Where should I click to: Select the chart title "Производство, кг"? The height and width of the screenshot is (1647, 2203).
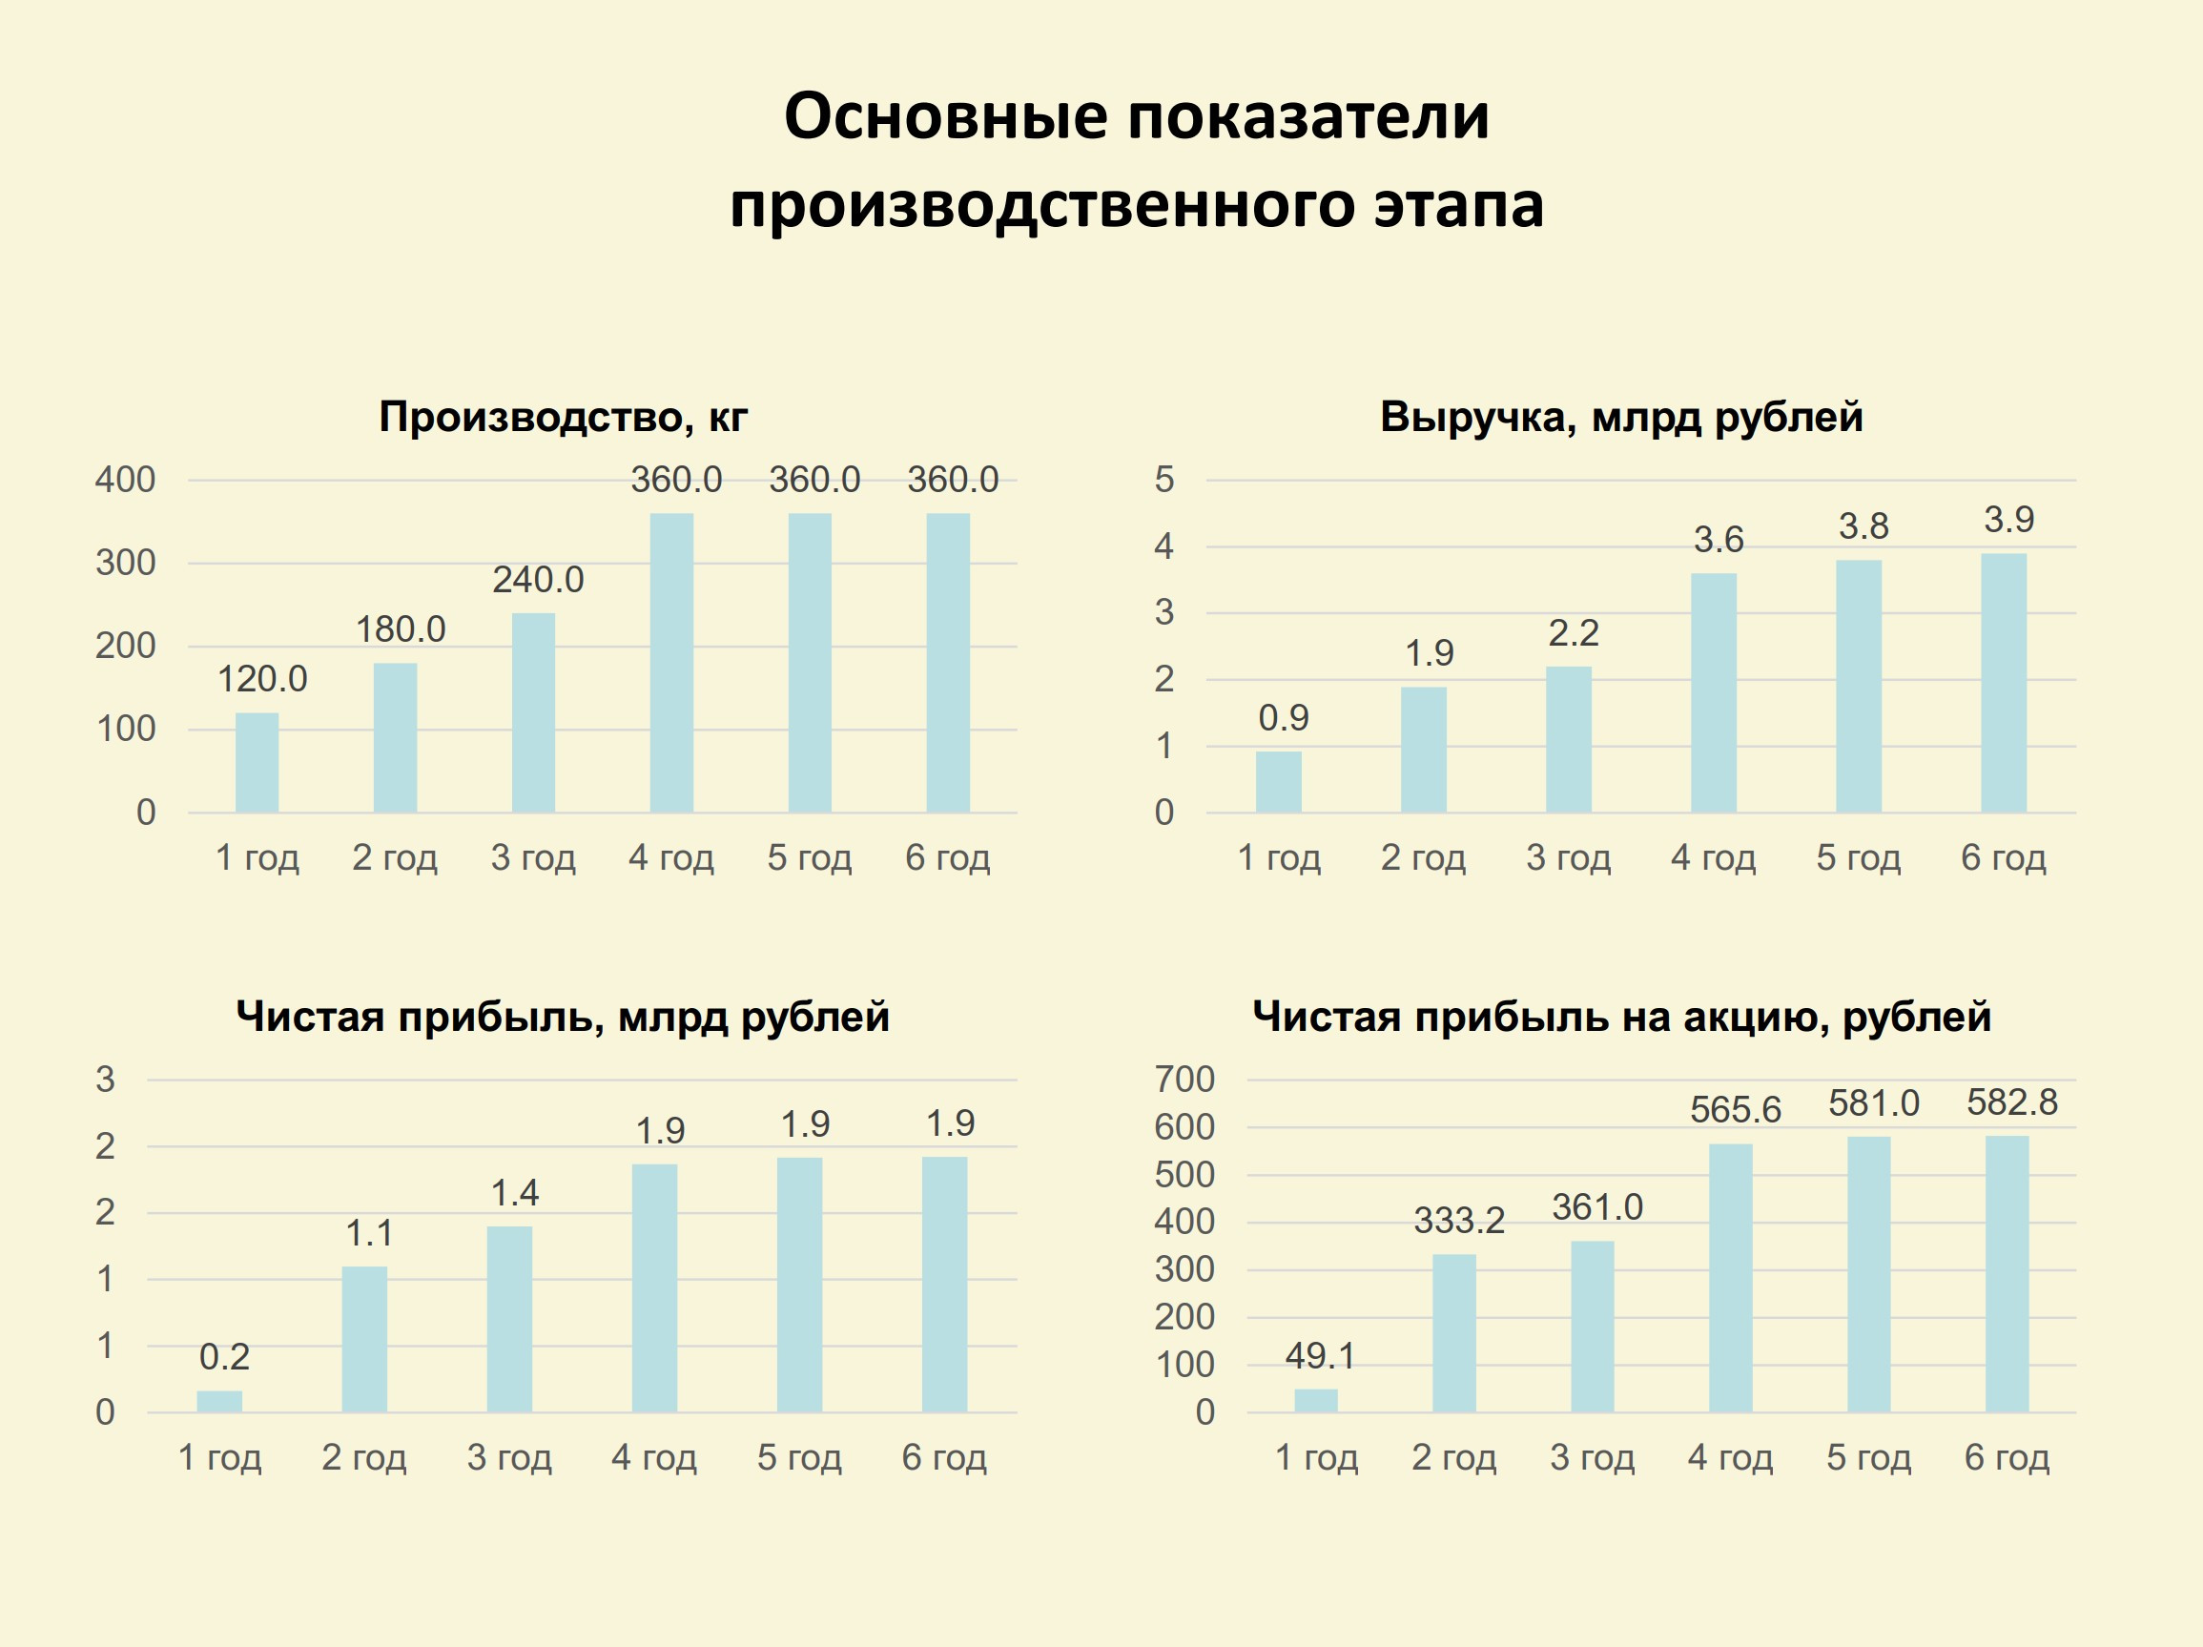pos(563,416)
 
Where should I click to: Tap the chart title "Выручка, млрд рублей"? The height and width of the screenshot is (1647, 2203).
pos(1620,416)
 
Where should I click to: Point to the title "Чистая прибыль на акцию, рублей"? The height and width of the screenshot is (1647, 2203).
pos(1620,1017)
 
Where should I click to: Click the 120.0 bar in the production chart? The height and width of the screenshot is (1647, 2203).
pos(257,763)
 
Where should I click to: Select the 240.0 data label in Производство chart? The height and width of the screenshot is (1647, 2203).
pos(538,580)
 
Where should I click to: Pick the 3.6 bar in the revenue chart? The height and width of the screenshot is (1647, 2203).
pos(1713,693)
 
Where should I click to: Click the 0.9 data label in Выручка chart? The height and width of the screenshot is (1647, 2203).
pos(1283,718)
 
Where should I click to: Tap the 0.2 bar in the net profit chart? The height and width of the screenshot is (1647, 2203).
pos(219,1401)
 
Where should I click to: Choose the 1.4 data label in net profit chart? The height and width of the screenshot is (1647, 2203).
pos(514,1193)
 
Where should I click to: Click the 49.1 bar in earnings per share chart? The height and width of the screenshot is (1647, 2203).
pos(1316,1400)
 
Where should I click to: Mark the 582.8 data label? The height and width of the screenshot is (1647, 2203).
pos(2010,1102)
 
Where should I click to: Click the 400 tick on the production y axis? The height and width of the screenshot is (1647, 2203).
pos(126,480)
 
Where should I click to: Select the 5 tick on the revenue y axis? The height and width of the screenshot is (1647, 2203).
pos(1163,480)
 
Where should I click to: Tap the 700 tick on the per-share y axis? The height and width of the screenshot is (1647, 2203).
pos(1184,1080)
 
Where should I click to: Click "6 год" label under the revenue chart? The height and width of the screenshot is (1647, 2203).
pos(2003,857)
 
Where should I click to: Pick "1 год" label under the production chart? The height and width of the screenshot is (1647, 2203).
pos(257,857)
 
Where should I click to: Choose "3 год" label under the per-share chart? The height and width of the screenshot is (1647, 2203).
pos(1592,1458)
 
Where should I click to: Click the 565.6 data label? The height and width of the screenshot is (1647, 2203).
pos(1735,1110)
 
